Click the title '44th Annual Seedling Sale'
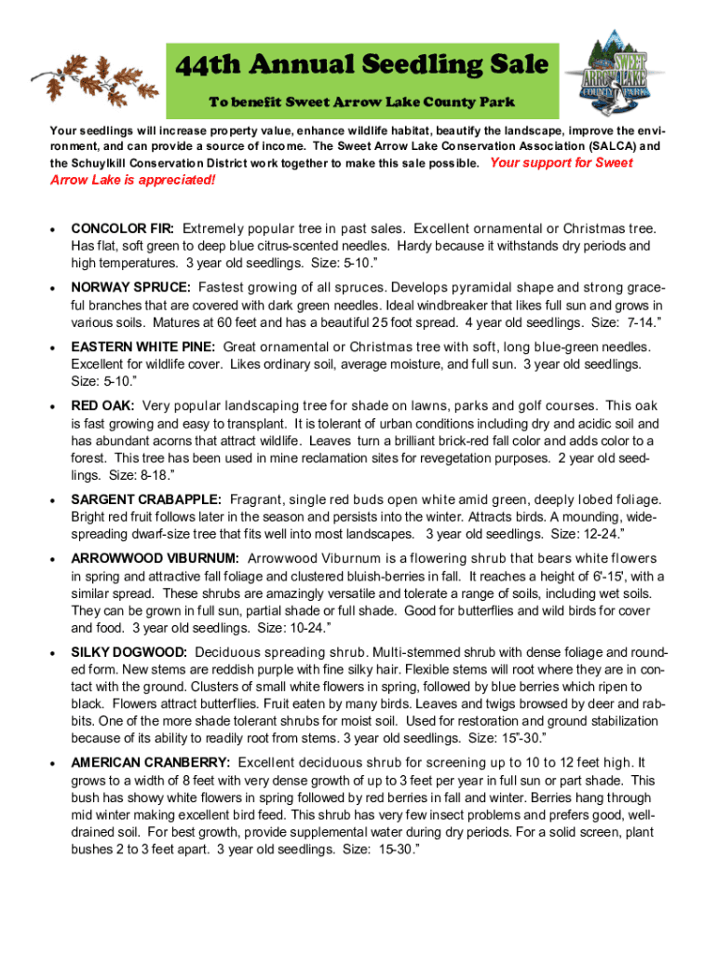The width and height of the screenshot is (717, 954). (x=362, y=65)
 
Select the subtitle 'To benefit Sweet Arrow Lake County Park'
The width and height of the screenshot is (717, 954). (x=361, y=101)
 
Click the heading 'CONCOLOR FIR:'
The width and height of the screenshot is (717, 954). (x=123, y=228)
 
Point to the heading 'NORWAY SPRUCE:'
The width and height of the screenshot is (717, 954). (x=131, y=288)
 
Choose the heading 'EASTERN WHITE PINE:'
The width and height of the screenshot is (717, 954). (x=143, y=347)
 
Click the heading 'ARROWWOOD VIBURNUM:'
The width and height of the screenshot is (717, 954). (x=156, y=558)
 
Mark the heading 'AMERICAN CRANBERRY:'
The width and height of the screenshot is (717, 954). (x=151, y=762)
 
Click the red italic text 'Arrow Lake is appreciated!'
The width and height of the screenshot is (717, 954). (x=132, y=180)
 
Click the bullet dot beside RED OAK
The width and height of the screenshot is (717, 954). (x=54, y=407)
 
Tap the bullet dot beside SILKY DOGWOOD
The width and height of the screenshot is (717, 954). (x=54, y=652)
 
